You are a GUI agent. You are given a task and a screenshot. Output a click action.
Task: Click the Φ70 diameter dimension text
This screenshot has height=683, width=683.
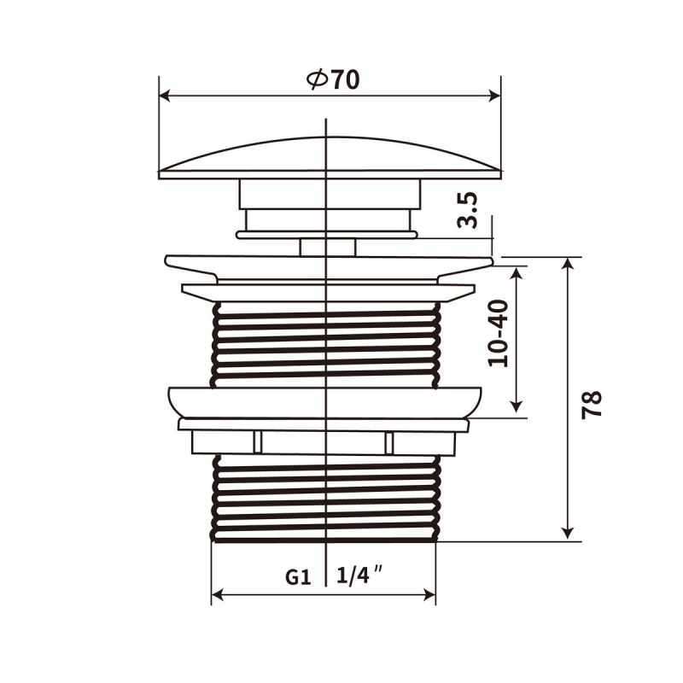333,79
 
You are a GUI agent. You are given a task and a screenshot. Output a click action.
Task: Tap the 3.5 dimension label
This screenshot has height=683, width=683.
467,210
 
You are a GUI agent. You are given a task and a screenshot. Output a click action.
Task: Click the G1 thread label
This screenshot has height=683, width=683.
297,577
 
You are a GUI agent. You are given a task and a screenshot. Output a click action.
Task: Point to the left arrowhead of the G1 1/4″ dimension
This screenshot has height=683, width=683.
218,594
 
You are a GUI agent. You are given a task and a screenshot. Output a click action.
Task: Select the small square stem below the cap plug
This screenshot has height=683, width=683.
328,247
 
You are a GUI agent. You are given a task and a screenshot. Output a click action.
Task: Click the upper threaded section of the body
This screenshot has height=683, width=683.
326,346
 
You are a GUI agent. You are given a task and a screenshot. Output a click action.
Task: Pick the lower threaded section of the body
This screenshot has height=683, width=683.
326,499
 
